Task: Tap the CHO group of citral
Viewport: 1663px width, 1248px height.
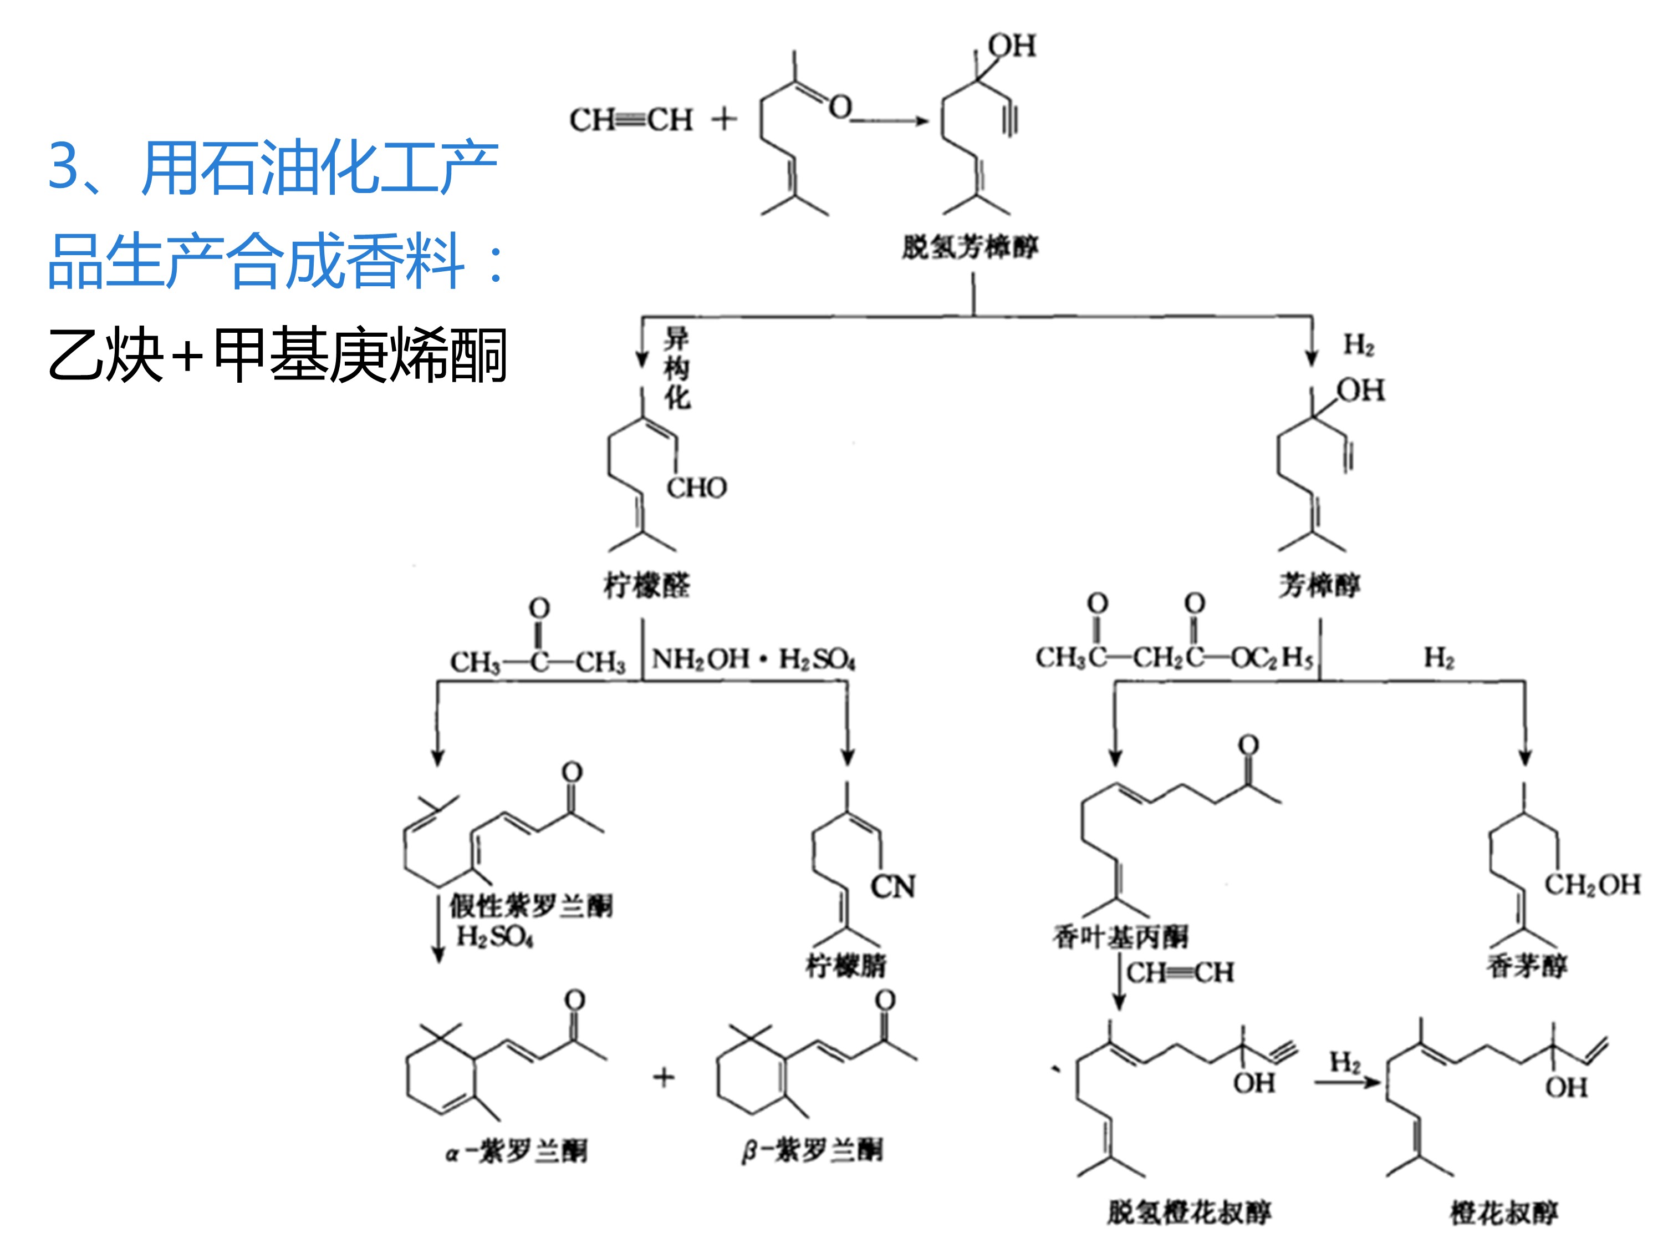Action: coord(696,488)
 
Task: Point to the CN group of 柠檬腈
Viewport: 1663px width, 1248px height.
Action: coord(892,886)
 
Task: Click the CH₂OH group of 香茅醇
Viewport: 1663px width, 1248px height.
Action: coord(1591,884)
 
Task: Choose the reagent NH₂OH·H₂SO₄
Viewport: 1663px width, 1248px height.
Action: coord(753,659)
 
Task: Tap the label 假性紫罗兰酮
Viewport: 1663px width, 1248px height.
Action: coord(531,906)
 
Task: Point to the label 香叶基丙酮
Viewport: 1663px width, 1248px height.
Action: coord(1120,937)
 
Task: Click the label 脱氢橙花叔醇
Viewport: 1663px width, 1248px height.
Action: coord(1188,1212)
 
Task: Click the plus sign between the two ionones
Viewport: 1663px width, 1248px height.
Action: coord(663,1077)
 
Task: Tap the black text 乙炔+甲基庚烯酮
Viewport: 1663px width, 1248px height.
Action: coord(277,355)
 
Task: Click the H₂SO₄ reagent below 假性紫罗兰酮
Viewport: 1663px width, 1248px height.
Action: coord(494,937)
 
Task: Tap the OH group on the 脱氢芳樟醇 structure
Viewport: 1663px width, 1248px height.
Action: coord(1011,46)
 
